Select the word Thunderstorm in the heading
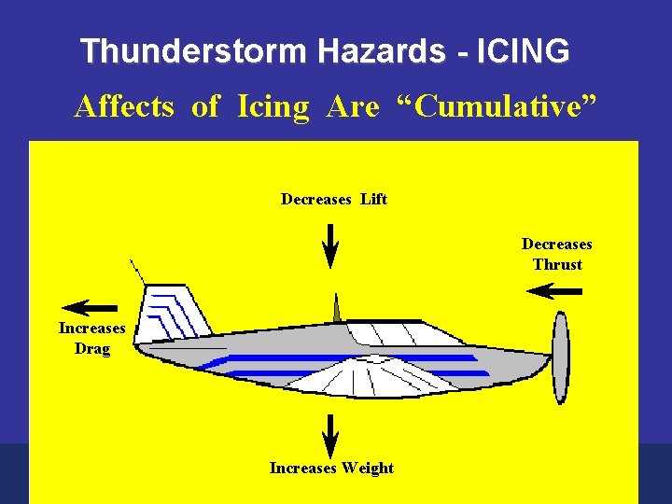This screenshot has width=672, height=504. (x=192, y=51)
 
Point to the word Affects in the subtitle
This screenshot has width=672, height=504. (x=124, y=107)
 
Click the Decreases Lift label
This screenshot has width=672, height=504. (x=333, y=199)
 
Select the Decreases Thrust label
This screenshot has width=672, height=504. (x=556, y=254)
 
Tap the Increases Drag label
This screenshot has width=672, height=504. (x=91, y=338)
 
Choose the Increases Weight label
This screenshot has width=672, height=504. (x=331, y=468)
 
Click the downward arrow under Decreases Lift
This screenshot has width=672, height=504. (x=330, y=245)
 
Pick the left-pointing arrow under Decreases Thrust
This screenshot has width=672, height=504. (x=553, y=291)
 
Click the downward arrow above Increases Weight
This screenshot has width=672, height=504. (x=329, y=435)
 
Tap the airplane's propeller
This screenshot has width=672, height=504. (x=560, y=357)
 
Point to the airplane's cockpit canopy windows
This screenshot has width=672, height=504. (x=392, y=332)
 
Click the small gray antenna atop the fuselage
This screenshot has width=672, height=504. (x=337, y=308)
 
